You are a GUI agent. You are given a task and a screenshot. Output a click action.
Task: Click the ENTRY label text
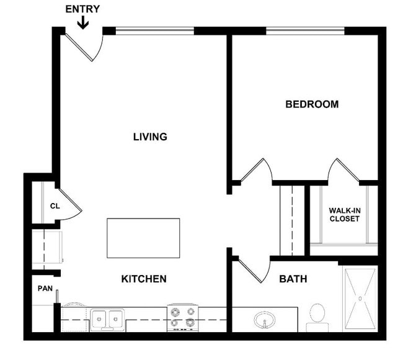(x=82, y=9)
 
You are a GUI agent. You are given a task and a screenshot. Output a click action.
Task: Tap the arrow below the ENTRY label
(x=83, y=22)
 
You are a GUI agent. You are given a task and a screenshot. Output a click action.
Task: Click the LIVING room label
(x=150, y=137)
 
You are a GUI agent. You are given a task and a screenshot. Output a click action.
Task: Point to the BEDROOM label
(x=312, y=104)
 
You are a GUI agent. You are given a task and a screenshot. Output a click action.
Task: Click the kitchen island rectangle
(x=143, y=238)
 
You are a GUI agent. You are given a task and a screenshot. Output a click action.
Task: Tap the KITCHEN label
(x=143, y=279)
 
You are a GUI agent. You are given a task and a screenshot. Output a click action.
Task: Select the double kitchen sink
(x=107, y=319)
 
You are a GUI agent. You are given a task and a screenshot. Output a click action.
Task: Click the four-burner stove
(x=182, y=318)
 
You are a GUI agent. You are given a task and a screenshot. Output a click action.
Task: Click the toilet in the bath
(x=317, y=315)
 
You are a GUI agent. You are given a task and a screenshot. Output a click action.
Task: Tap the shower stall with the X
(x=360, y=299)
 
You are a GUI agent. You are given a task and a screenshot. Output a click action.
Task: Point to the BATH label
(x=293, y=279)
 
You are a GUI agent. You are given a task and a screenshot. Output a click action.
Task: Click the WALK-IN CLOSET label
(x=344, y=214)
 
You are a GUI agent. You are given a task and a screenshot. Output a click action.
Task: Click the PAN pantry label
(x=45, y=288)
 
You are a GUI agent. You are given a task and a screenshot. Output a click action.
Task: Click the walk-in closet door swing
(x=343, y=171)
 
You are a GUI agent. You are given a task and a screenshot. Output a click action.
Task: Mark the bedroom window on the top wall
(x=305, y=30)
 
